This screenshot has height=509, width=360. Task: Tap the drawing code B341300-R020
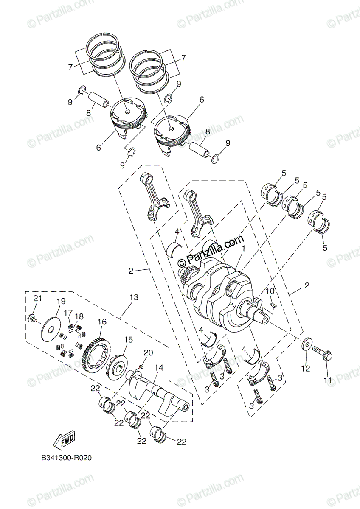click(67, 458)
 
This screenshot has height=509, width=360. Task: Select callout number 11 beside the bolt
click(328, 380)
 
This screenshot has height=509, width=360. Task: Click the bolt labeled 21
click(33, 318)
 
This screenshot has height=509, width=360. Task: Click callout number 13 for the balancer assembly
click(134, 298)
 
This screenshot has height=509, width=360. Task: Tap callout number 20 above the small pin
click(148, 352)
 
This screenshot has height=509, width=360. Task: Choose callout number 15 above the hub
click(128, 340)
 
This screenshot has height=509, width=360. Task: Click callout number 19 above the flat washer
click(61, 302)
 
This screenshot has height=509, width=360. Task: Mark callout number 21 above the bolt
click(38, 299)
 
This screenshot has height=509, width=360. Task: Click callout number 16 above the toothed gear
click(101, 322)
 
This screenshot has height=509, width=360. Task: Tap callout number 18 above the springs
click(79, 316)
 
